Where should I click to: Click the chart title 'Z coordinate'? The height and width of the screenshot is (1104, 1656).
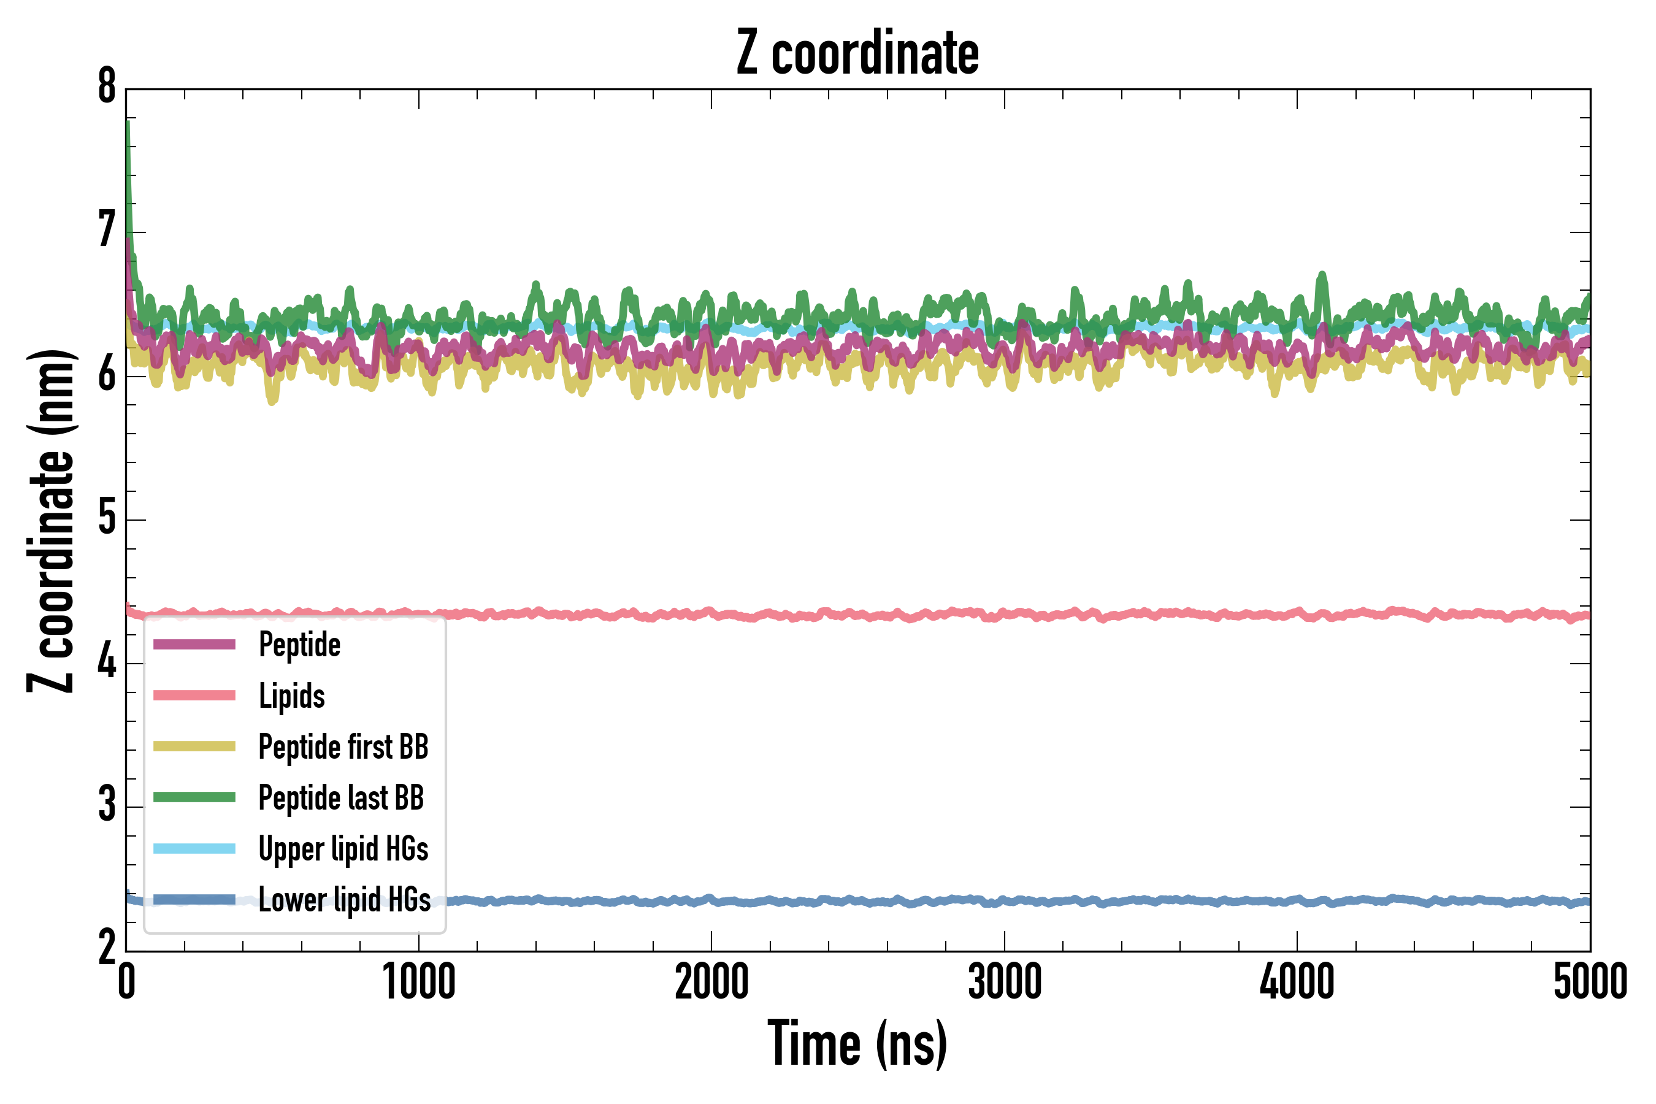pyautogui.click(x=857, y=53)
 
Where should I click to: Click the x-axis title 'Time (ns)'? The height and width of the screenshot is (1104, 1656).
pyautogui.click(x=857, y=1043)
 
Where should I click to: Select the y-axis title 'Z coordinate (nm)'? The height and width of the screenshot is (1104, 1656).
pyautogui.click(x=51, y=521)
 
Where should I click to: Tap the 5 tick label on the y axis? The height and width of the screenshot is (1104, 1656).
pyautogui.click(x=107, y=519)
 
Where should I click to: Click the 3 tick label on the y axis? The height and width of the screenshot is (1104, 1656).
pyautogui.click(x=107, y=805)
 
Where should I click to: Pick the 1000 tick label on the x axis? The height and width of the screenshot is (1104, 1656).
pyautogui.click(x=419, y=982)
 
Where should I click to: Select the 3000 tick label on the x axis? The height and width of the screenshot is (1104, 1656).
pyautogui.click(x=1005, y=982)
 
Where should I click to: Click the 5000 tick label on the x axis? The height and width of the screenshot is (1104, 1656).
pyautogui.click(x=1590, y=982)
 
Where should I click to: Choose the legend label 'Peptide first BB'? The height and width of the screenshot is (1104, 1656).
pyautogui.click(x=343, y=747)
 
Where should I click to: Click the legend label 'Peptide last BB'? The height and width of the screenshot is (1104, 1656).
pyautogui.click(x=342, y=798)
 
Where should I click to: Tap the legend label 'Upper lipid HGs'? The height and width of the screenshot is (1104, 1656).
pyautogui.click(x=343, y=848)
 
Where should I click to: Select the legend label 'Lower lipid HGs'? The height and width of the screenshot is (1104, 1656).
pyautogui.click(x=344, y=900)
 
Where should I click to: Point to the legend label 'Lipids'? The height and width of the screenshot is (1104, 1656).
pyautogui.click(x=292, y=696)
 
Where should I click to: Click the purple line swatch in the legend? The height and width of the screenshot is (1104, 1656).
pyautogui.click(x=194, y=644)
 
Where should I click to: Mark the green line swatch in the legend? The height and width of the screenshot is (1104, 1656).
pyautogui.click(x=194, y=797)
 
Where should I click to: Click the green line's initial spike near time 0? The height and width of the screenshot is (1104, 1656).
pyautogui.click(x=128, y=127)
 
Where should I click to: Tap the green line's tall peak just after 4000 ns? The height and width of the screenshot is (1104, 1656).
pyautogui.click(x=1322, y=276)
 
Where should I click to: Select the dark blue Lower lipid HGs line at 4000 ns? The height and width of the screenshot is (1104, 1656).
pyautogui.click(x=1297, y=901)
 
